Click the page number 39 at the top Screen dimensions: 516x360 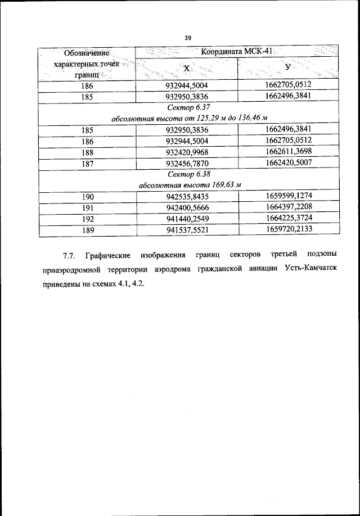click(188, 38)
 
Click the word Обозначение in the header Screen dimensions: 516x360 click(85, 53)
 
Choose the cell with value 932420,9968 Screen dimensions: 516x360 click(187, 152)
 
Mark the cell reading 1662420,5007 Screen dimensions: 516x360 click(288, 162)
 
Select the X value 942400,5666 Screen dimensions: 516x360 click(187, 207)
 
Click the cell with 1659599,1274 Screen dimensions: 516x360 click(288, 196)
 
